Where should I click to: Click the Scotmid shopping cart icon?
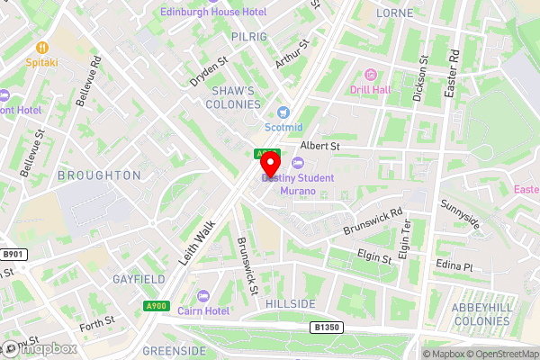(x=284, y=112)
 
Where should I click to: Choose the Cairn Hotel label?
(x=229, y=310)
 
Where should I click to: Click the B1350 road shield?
(x=326, y=328)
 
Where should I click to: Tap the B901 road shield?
(x=13, y=255)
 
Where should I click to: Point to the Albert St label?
(x=319, y=145)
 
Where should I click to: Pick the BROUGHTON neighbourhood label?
(x=99, y=175)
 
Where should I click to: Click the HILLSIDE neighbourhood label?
(x=291, y=304)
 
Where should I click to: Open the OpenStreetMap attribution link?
(x=499, y=354)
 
